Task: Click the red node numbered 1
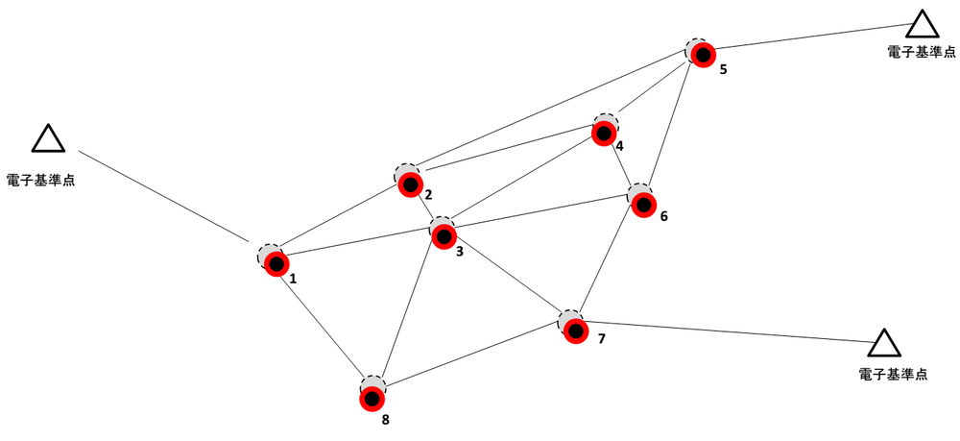[276, 262]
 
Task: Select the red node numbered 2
[410, 184]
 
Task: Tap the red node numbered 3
[443, 235]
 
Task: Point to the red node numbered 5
[704, 56]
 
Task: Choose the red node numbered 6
[642, 204]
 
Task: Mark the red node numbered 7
[575, 330]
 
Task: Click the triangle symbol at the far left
[48, 140]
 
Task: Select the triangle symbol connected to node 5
[922, 25]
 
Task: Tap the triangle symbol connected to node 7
[884, 343]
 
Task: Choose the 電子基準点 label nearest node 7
[893, 374]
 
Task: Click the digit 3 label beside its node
[460, 252]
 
